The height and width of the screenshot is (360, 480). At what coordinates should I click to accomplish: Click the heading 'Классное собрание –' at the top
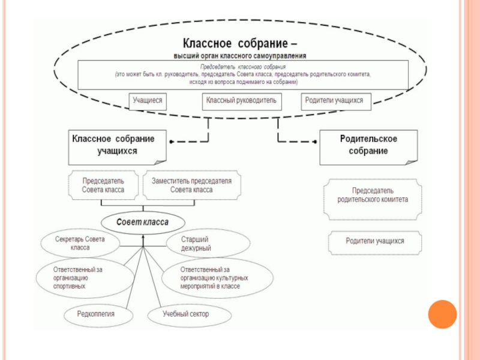click(x=239, y=44)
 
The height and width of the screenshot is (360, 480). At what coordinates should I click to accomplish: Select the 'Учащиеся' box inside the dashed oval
click(x=148, y=101)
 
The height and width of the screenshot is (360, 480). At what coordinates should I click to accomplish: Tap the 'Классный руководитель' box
click(x=241, y=101)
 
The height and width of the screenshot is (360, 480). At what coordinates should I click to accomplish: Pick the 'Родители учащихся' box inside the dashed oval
click(x=334, y=101)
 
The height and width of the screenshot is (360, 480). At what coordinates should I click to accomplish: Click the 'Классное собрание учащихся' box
click(x=116, y=145)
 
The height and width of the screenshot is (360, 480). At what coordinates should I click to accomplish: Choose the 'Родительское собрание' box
click(x=368, y=145)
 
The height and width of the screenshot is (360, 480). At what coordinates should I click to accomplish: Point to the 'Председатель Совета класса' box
click(x=103, y=185)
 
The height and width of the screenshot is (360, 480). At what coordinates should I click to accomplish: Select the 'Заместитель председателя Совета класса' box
click(x=191, y=185)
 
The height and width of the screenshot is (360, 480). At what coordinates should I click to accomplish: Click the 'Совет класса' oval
click(x=142, y=223)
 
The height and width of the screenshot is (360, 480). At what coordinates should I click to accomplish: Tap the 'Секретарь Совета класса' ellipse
click(x=80, y=243)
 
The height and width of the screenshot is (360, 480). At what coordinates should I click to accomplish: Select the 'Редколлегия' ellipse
click(x=96, y=314)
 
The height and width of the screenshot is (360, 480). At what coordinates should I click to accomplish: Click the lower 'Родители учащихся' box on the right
click(x=375, y=241)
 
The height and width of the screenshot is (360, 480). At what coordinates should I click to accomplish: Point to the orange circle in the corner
click(x=442, y=314)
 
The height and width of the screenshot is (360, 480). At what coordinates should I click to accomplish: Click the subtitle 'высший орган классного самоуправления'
click(x=239, y=56)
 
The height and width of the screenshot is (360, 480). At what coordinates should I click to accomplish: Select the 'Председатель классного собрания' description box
click(x=243, y=73)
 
